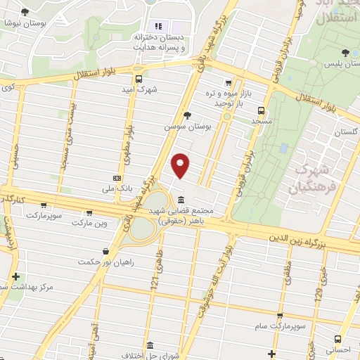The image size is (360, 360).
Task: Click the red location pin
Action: click(181, 165)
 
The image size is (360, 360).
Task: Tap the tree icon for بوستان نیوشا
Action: click(25, 12)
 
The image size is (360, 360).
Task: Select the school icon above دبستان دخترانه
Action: click(157, 27)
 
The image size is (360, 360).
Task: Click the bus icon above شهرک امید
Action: click(139, 79)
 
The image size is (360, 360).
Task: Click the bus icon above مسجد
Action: click(262, 110)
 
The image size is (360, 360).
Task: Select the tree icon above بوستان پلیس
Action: click(345, 53)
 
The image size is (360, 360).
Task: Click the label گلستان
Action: click(347, 132)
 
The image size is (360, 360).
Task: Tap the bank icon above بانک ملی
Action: click(117, 179)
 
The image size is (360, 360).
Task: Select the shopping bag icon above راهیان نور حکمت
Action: click(106, 250)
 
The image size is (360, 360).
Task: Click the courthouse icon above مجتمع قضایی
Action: click(182, 199)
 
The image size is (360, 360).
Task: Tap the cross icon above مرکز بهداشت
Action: click(15, 276)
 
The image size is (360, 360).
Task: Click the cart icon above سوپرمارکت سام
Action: click(280, 317)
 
